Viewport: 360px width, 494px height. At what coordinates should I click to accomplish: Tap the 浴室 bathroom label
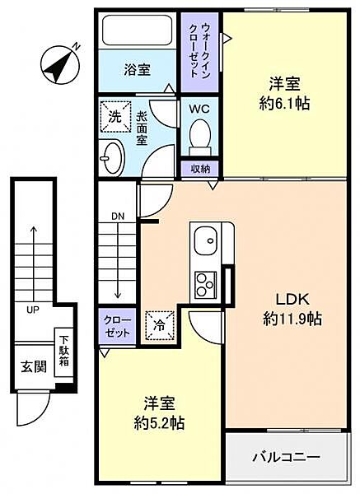pos(138,70)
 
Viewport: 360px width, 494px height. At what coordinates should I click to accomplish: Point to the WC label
pos(199,109)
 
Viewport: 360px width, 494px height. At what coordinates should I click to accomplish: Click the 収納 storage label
pos(199,168)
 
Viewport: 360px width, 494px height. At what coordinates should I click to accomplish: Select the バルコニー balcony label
pos(286,454)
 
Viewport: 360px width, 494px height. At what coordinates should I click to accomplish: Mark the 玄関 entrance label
pos(31,365)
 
